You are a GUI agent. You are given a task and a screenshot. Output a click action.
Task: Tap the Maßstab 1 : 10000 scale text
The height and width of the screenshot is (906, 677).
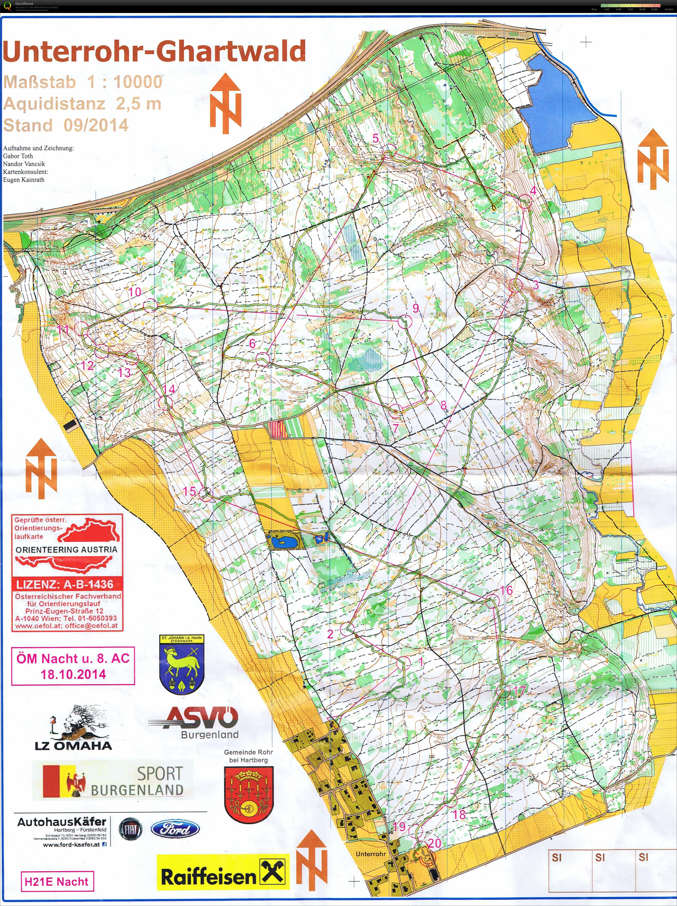pyautogui.click(x=83, y=82)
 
